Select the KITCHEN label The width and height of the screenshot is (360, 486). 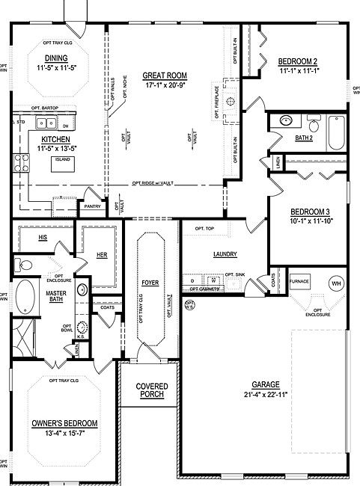click(55, 139)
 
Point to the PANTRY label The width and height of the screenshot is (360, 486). click(93, 206)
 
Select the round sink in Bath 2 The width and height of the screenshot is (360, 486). click(284, 120)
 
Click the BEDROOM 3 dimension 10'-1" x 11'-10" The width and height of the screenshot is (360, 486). click(310, 220)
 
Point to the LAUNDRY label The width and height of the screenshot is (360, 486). click(225, 254)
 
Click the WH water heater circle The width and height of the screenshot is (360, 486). click(336, 283)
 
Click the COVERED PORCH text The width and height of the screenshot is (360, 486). click(151, 391)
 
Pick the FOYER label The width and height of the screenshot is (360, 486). click(150, 284)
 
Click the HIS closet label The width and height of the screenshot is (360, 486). click(42, 237)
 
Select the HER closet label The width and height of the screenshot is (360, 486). click(102, 256)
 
